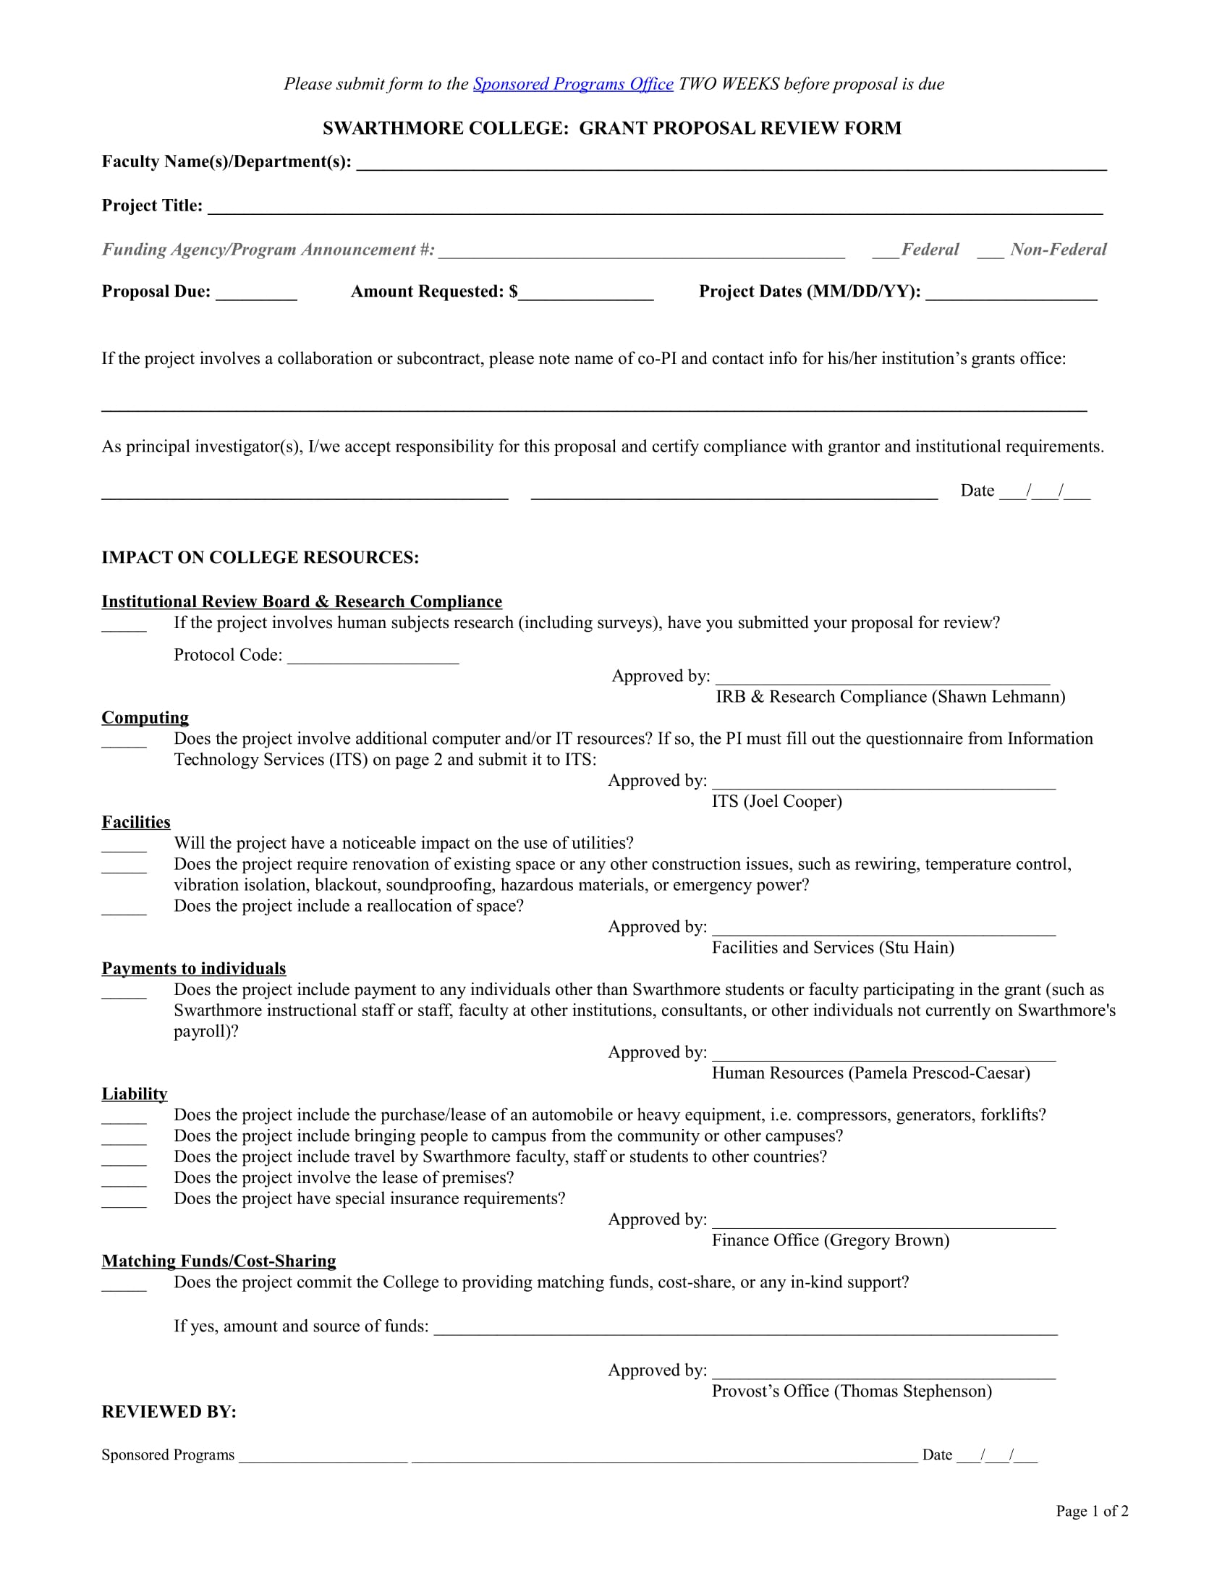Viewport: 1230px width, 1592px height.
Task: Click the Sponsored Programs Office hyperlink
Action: point(573,85)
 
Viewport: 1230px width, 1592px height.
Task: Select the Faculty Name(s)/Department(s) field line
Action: point(731,164)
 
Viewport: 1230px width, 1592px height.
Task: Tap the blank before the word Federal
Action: point(886,253)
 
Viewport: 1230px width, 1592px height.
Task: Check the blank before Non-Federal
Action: point(990,253)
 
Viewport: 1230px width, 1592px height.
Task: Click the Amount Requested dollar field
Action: point(586,294)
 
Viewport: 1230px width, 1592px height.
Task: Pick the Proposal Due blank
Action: point(257,294)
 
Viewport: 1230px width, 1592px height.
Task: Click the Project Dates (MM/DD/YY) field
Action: point(1011,294)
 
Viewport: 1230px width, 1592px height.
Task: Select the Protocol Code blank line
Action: point(373,658)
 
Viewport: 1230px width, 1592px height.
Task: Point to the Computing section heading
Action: point(145,718)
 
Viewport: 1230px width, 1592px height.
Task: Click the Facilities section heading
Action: point(135,822)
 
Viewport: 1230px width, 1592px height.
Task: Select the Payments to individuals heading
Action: point(194,969)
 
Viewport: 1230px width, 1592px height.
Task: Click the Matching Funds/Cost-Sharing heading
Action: point(219,1261)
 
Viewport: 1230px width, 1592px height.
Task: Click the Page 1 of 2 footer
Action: point(1092,1511)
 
